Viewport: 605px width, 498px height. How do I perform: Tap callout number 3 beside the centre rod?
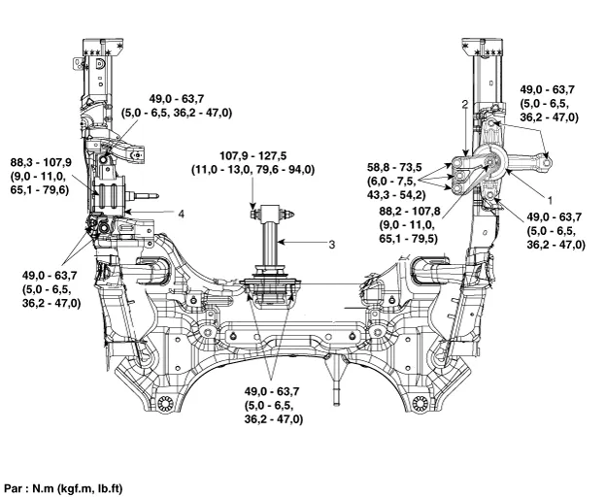(331, 246)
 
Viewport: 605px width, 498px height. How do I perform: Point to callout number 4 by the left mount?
(181, 213)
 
